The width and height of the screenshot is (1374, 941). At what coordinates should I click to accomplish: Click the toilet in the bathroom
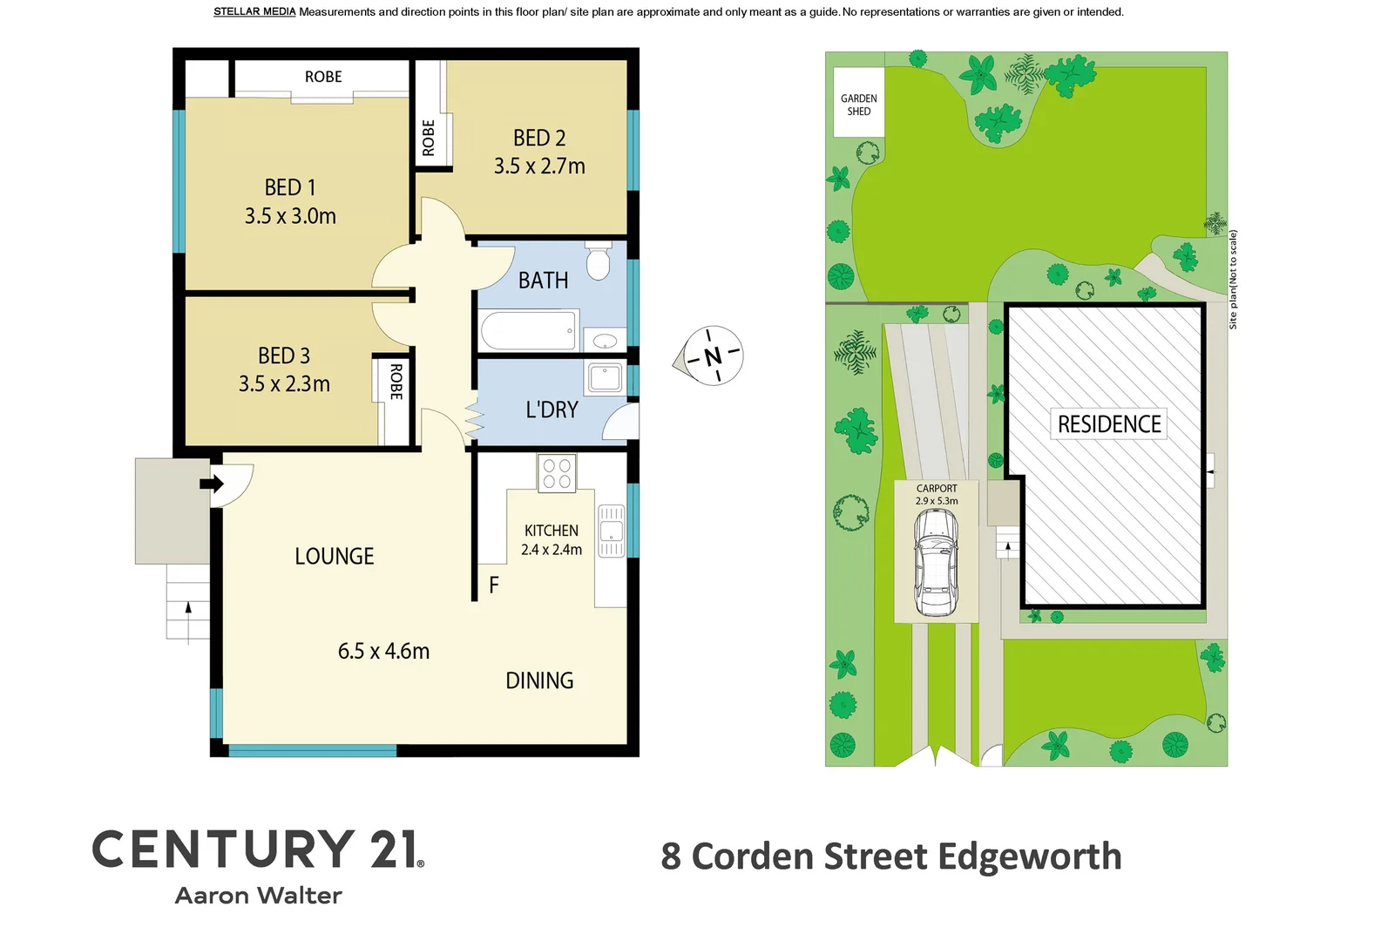[x=598, y=262]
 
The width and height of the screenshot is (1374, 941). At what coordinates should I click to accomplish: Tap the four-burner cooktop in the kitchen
[x=557, y=473]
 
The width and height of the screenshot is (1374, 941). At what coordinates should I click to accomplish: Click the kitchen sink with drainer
[x=611, y=531]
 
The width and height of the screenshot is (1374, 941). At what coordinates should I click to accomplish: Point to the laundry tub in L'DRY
[x=605, y=378]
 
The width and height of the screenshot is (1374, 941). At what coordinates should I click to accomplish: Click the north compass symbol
[x=713, y=355]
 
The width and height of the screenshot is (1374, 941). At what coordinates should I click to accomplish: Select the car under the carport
[x=936, y=562]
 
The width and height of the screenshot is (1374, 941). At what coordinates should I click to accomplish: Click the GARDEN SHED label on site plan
[x=858, y=105]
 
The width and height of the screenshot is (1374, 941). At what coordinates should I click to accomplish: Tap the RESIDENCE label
[x=1108, y=424]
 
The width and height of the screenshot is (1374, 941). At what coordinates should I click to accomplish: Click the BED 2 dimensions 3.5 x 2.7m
[x=539, y=166]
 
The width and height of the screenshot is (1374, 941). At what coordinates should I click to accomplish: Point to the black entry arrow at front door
[x=211, y=484]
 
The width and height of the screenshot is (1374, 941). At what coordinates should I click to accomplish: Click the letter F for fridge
[x=494, y=586]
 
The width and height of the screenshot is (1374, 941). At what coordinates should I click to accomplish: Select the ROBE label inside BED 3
[x=396, y=382]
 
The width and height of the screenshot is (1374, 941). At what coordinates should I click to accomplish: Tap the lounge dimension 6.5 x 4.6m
[x=383, y=651]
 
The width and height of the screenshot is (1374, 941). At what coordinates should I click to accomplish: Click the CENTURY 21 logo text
[x=258, y=850]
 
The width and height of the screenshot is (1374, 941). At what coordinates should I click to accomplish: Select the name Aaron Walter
[x=258, y=896]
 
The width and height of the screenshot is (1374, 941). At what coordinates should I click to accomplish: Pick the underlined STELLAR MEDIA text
[x=254, y=12]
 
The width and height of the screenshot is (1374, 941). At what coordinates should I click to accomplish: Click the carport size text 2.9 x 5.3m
[x=937, y=501]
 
